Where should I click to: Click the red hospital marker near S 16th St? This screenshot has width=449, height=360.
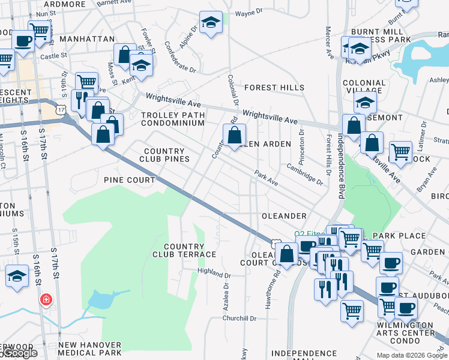[45, 299]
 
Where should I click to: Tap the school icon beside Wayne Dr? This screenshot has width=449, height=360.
[211, 23]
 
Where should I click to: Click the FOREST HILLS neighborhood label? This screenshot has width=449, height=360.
[274, 88]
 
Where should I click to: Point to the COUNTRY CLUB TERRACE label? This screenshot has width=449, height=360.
[190, 250]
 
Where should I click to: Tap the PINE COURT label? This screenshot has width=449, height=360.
[129, 180]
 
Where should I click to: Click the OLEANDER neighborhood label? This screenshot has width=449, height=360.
[284, 215]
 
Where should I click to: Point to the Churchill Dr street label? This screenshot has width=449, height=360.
[240, 319]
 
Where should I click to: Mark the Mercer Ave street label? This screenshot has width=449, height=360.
[330, 42]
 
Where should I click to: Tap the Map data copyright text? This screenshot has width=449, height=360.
[412, 355]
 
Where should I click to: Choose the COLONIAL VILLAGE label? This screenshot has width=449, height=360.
[364, 87]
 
